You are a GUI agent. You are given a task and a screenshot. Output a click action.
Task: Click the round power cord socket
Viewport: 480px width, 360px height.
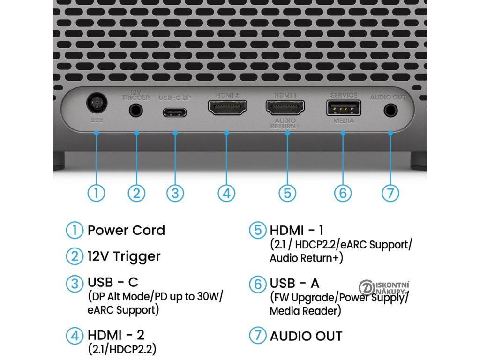(96, 104)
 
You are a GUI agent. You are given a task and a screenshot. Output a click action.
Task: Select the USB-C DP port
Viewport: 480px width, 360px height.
(174, 112)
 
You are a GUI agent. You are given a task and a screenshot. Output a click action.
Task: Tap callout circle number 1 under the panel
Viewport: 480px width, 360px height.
(96, 193)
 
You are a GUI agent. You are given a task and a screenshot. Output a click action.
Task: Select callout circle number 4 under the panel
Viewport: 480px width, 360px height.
(226, 193)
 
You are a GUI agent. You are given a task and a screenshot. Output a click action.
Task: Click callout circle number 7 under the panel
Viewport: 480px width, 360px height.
(390, 193)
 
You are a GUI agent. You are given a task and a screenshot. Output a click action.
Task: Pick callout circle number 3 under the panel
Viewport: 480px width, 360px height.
(175, 193)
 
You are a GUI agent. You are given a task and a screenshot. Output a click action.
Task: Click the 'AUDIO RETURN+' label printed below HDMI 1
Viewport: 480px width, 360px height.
(285, 124)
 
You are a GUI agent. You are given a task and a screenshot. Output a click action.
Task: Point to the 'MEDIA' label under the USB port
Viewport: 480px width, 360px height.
(344, 121)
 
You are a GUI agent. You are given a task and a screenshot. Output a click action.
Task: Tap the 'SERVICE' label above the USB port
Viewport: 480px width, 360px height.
(344, 95)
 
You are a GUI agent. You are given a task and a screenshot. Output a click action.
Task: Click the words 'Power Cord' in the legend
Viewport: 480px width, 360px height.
(126, 231)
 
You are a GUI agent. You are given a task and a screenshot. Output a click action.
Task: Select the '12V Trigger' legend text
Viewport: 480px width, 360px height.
(124, 256)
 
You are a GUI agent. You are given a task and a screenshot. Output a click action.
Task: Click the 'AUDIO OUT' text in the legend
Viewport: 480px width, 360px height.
(306, 336)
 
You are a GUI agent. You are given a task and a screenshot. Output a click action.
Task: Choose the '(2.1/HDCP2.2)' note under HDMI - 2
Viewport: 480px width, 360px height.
(122, 349)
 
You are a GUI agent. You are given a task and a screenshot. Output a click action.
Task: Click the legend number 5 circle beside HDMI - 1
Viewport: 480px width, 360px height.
(258, 231)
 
